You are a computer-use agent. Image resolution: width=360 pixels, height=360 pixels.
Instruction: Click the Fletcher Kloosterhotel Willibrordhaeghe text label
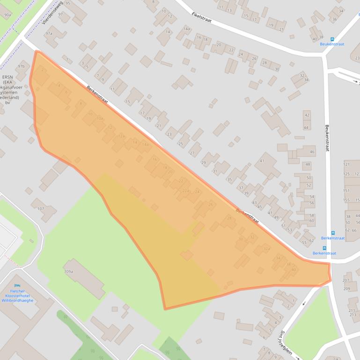coord(17,296)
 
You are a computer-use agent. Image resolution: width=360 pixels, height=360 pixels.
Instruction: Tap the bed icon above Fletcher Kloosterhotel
coord(17,285)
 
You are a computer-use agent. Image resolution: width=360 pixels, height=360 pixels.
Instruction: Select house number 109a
coord(68,272)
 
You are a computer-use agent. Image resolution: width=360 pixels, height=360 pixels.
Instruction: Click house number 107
coord(41,209)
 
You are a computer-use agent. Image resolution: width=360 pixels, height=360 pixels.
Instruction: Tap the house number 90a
coord(7,15)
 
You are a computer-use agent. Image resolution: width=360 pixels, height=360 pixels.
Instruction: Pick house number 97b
coord(21,66)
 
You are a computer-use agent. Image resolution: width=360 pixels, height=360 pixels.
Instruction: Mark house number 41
coord(262,161)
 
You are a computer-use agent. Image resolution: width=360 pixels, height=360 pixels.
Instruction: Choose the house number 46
coord(312,152)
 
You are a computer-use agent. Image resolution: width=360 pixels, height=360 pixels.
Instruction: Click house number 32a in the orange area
coord(267,248)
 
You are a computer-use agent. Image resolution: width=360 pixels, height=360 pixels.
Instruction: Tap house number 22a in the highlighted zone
coord(185,190)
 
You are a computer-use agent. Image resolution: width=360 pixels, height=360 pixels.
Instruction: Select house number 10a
coord(99,119)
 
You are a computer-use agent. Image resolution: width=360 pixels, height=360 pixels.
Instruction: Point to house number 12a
coord(121,136)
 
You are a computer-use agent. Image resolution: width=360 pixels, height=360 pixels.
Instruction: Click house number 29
coord(203,163)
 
